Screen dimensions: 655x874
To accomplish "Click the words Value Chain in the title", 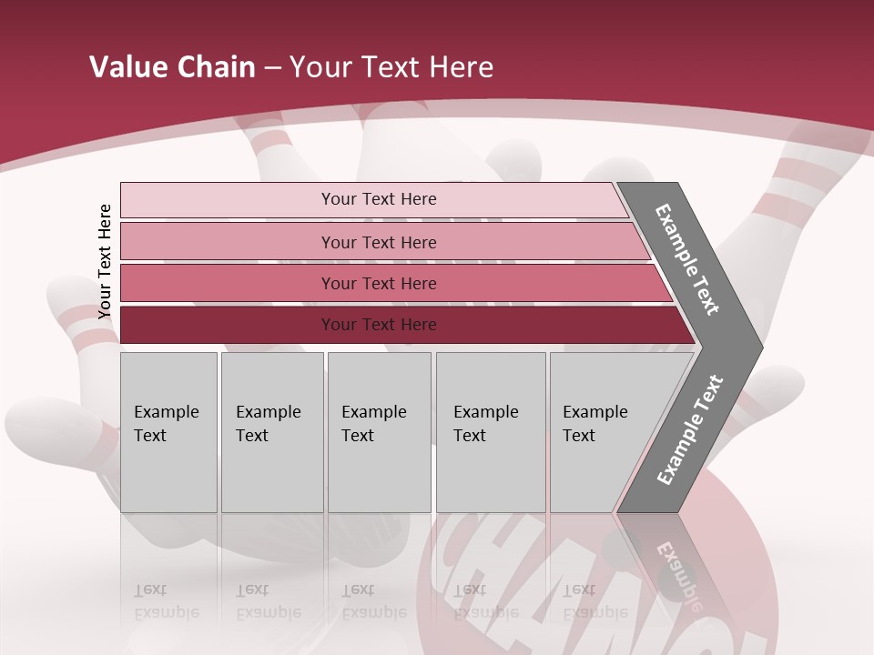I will click(x=172, y=67).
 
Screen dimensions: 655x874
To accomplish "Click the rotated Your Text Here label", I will click(x=105, y=261).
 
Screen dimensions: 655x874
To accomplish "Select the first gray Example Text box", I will click(x=168, y=432).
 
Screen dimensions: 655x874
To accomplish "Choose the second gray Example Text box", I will click(x=271, y=432).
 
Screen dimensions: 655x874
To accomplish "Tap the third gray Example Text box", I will click(x=379, y=432).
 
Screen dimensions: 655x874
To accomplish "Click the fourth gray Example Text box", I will click(x=491, y=432).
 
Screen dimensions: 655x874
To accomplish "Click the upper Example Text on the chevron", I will click(x=687, y=259).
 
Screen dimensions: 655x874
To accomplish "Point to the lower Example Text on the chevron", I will click(x=690, y=430).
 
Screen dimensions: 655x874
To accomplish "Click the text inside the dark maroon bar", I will click(x=379, y=325).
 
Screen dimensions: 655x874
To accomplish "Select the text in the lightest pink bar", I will click(x=379, y=199).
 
